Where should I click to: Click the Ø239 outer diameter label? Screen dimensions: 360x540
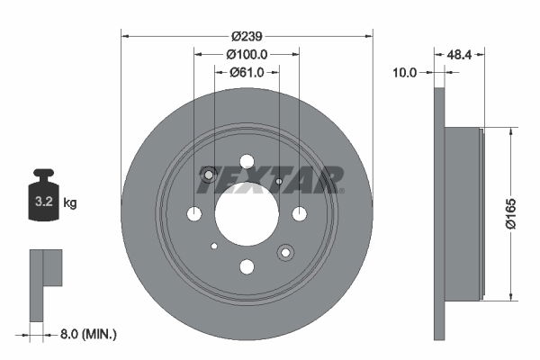[x=247, y=37]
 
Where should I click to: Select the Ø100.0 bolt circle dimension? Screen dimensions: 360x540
[x=247, y=55]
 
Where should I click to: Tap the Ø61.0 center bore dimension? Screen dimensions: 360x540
[x=247, y=73]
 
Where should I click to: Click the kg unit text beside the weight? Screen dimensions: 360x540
[x=70, y=202]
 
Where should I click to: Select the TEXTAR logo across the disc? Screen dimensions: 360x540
[x=270, y=180]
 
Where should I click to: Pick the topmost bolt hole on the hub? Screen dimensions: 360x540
[x=247, y=161]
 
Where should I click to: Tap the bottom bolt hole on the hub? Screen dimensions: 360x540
[x=247, y=266]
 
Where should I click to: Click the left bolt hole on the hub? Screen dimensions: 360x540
[x=194, y=213]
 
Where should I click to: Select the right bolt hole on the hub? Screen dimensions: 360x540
[x=299, y=213]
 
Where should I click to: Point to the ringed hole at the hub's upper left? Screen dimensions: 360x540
[x=210, y=175]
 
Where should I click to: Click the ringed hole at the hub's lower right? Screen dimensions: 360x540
[x=285, y=252]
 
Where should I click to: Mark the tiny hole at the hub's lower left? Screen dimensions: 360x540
[x=214, y=246]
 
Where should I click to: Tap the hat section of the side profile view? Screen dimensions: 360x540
[x=463, y=213]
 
